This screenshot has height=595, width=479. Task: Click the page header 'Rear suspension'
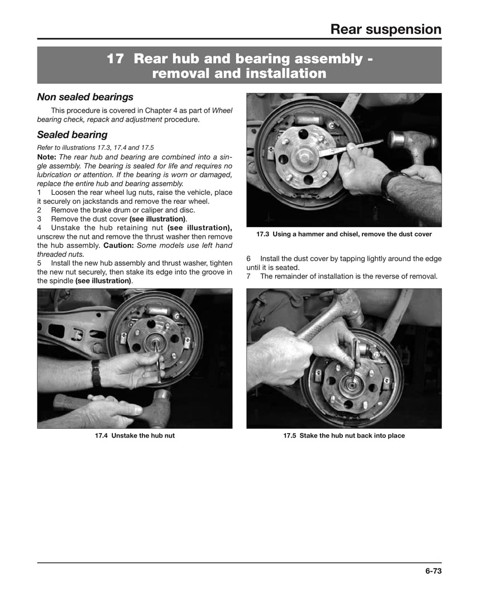click(x=385, y=29)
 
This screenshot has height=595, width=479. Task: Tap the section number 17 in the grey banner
click(x=115, y=59)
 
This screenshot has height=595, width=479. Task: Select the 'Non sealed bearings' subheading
click(x=85, y=97)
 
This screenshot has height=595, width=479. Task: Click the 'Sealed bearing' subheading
click(x=72, y=135)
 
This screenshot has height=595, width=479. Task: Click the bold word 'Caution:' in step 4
click(x=121, y=245)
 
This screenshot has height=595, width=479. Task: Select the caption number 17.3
click(x=263, y=234)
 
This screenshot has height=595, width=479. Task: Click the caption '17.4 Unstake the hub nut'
click(x=135, y=435)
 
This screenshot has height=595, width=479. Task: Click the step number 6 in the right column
click(x=248, y=259)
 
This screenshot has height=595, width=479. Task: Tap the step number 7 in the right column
click(x=248, y=276)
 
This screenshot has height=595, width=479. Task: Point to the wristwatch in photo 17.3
click(x=389, y=184)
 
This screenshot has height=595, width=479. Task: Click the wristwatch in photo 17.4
click(x=95, y=372)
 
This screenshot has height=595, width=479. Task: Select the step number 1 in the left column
click(x=40, y=193)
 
